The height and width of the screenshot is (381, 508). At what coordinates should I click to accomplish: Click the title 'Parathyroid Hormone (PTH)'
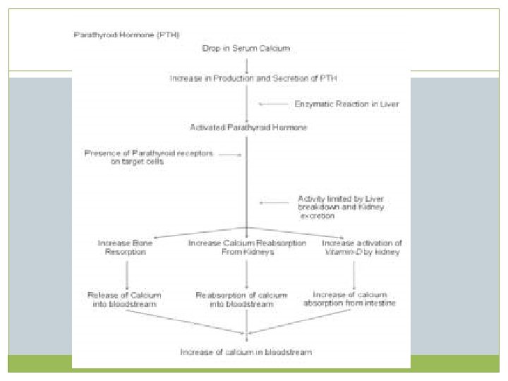point(127,34)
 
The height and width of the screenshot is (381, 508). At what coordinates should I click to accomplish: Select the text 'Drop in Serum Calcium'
point(246,48)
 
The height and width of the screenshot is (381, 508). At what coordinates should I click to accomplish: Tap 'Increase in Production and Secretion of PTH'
point(246,77)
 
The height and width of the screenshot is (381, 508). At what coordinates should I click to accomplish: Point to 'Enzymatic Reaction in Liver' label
point(346,104)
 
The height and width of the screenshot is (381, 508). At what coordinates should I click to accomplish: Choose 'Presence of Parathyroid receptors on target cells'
point(149,157)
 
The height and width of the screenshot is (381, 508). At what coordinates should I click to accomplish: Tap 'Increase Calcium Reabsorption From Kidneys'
point(247,247)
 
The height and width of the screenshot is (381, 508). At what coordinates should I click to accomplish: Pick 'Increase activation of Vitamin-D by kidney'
point(361,247)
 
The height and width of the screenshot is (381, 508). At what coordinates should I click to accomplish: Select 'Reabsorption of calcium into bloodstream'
point(247,298)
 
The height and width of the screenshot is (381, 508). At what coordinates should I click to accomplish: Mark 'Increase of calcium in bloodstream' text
point(246,351)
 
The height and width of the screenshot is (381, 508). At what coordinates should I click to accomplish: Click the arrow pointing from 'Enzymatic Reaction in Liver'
point(271,104)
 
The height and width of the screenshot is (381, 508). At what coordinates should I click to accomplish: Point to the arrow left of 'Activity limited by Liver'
point(272,203)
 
